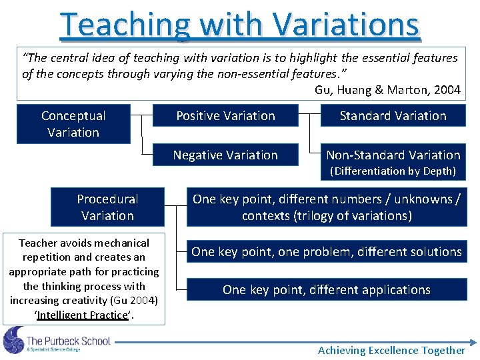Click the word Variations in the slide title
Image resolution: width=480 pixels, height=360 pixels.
(x=346, y=25)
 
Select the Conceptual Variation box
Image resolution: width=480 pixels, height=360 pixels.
(x=73, y=124)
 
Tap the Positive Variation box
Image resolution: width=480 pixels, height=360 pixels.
(x=225, y=116)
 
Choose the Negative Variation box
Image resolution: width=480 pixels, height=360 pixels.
(x=225, y=155)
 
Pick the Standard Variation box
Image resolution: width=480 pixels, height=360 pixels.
(x=393, y=116)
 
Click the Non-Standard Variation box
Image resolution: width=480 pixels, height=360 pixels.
(x=393, y=155)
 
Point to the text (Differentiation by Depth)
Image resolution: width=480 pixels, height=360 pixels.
(x=393, y=171)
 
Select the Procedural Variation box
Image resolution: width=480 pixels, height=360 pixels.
(x=107, y=207)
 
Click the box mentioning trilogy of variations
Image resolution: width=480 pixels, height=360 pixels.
(x=326, y=207)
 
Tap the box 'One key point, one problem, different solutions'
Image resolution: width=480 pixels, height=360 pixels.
(x=326, y=251)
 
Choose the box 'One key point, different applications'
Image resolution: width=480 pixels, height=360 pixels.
(x=326, y=289)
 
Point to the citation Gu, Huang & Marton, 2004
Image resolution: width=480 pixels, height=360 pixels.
(x=387, y=90)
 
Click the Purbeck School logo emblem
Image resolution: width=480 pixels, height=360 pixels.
(x=13, y=340)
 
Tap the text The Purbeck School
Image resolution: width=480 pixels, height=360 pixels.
(x=68, y=341)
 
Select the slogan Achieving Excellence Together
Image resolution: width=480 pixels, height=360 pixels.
(x=391, y=350)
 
